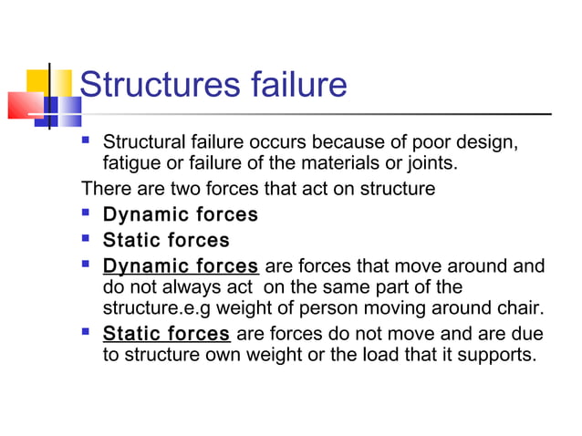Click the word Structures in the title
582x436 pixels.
pyautogui.click(x=146, y=85)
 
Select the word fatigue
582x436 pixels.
pyautogui.click(x=131, y=164)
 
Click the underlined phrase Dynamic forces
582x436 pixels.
pyautogui.click(x=181, y=266)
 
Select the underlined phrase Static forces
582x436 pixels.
pyautogui.click(x=166, y=333)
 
